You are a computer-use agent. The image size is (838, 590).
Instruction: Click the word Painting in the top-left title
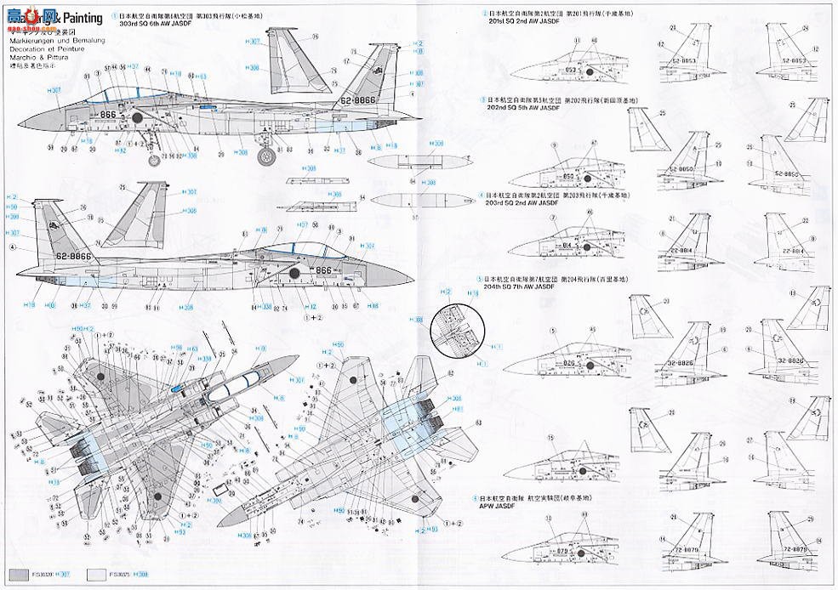(81, 17)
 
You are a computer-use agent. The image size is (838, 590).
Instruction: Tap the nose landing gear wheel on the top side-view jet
(154, 160)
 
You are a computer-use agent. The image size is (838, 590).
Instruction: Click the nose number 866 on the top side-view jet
(107, 114)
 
